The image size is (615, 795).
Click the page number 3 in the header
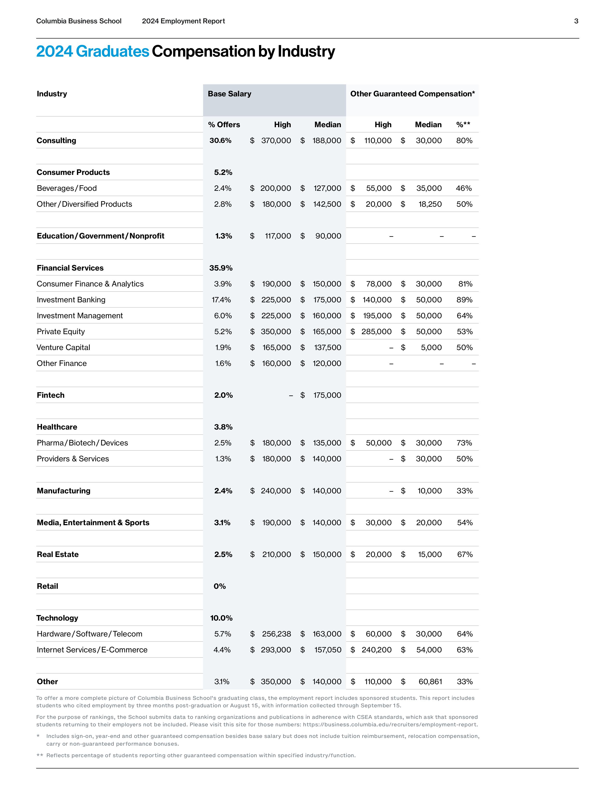click(x=576, y=21)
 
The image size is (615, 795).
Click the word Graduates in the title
click(x=113, y=51)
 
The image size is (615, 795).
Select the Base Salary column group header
click(x=230, y=94)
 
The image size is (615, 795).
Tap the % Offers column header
click(x=224, y=125)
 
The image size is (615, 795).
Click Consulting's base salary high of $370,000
click(x=276, y=140)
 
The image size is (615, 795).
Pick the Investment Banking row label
click(x=71, y=300)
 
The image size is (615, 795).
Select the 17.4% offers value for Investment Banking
click(x=221, y=300)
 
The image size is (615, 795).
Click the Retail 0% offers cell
click(x=220, y=586)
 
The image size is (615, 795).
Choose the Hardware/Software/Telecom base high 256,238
click(x=277, y=634)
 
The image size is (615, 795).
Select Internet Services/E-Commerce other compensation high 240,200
click(x=376, y=650)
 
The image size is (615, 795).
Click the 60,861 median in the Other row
click(x=430, y=682)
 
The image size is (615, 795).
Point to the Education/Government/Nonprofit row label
click(x=101, y=236)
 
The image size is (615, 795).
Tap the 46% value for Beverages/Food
click(x=464, y=188)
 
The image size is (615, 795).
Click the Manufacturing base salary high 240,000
click(x=276, y=491)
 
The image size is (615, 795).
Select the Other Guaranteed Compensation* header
click(x=412, y=94)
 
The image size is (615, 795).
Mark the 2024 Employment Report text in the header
click(x=183, y=21)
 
